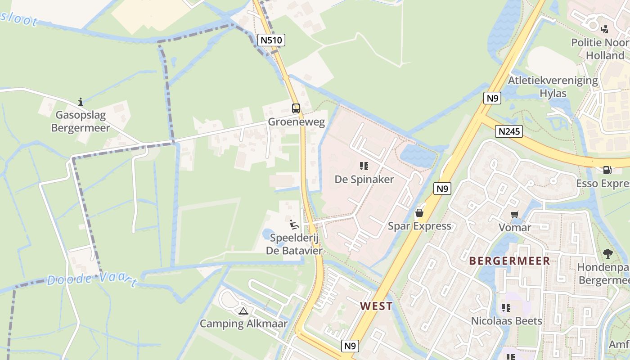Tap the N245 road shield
(509, 131)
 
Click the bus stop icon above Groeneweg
(296, 108)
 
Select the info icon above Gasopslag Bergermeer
(81, 101)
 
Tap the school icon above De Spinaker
(364, 166)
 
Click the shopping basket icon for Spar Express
(419, 212)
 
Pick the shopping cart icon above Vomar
(514, 214)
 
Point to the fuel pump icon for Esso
(607, 170)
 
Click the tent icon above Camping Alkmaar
(243, 310)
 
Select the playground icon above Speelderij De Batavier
(294, 224)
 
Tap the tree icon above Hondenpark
(607, 253)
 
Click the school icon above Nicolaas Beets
(506, 308)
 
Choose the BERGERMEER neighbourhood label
(509, 261)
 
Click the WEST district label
(376, 306)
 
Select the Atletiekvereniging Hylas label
(553, 87)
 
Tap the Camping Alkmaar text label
(243, 324)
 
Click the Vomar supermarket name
(515, 227)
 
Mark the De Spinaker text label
(364, 180)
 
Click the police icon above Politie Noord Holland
(605, 29)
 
